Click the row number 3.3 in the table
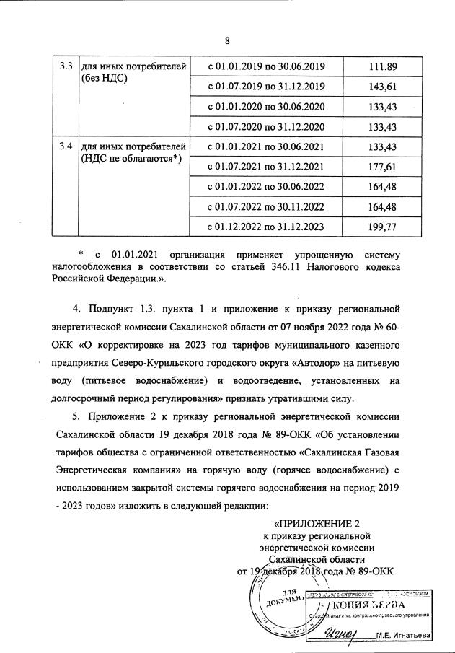(65, 67)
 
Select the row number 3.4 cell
(65, 147)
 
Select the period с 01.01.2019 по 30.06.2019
(267, 67)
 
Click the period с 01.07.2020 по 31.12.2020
(267, 127)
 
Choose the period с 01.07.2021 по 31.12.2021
(267, 167)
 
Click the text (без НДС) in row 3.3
(105, 79)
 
